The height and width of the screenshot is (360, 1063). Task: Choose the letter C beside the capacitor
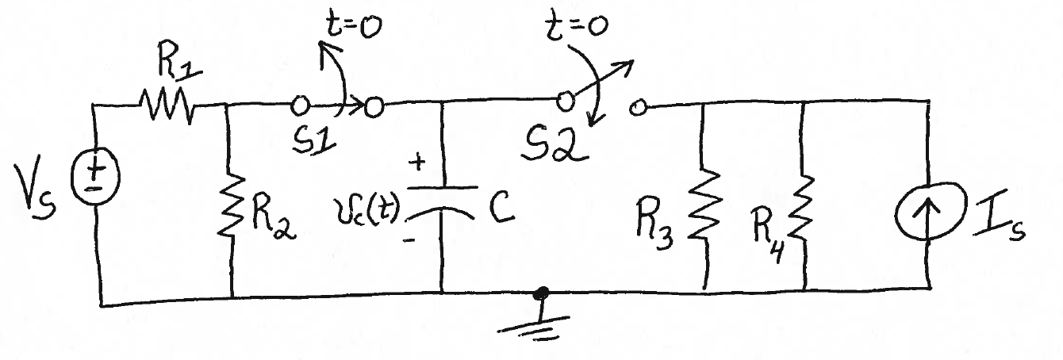pos(497,208)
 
